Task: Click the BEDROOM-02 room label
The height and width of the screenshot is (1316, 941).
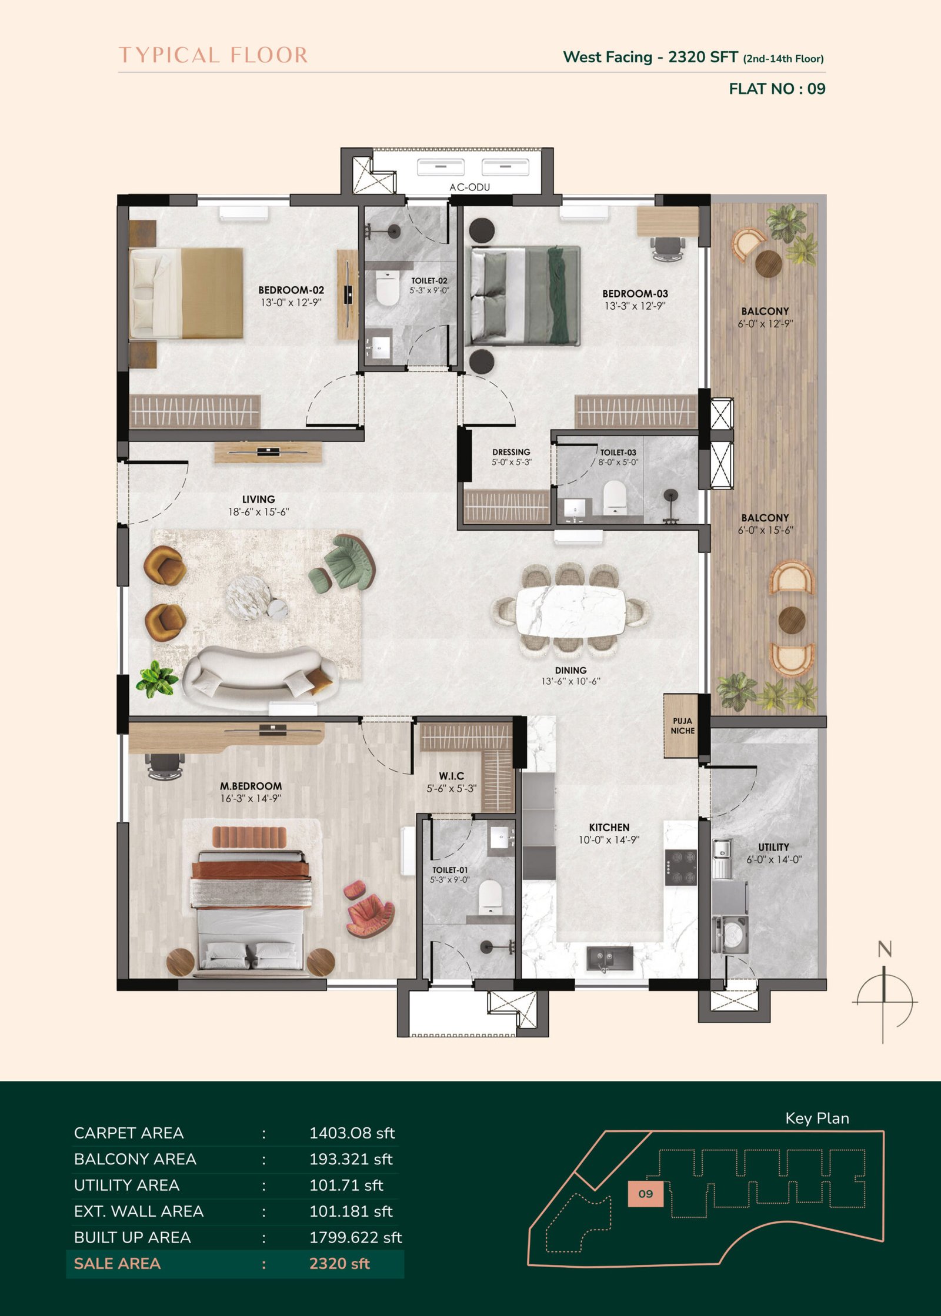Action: coord(291,290)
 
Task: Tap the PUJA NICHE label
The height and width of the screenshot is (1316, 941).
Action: coord(683,726)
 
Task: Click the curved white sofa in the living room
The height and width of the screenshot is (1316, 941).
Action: coord(260,672)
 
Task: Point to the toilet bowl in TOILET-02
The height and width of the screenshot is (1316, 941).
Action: coord(386,290)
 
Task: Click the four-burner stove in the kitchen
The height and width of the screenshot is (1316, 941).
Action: coord(680,867)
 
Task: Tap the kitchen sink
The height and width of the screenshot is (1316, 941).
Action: coord(609,959)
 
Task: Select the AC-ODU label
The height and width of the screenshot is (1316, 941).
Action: coord(469,187)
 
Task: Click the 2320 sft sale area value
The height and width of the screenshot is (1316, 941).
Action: coord(339,1264)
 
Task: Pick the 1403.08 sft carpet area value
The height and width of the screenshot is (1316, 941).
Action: coord(352,1133)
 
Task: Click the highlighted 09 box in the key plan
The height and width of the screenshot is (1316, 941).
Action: coord(645,1194)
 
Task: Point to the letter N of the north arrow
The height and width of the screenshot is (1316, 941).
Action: coord(885,949)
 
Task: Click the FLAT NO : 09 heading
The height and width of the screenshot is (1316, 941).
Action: coord(777,89)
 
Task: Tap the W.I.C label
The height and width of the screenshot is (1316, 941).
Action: coord(451,776)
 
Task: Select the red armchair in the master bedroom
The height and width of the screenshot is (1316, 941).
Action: coord(368,908)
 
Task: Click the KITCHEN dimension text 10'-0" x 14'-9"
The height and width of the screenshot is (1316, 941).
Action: coord(609,840)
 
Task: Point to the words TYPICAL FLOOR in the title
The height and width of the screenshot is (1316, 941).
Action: coord(213,55)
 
